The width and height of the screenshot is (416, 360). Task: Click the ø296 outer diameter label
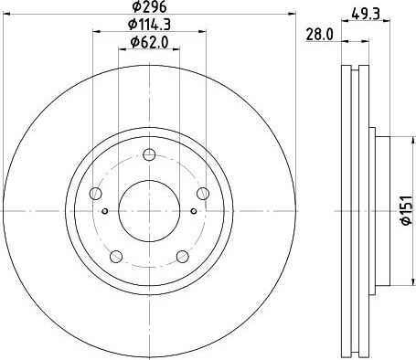(149, 6)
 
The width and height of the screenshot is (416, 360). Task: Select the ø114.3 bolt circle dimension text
(149, 25)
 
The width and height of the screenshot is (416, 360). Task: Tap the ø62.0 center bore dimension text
(149, 42)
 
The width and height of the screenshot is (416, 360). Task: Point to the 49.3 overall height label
(366, 14)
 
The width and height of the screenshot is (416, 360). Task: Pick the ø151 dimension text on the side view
(407, 211)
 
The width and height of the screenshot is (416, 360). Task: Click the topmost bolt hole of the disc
(149, 154)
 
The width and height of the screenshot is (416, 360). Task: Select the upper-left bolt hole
(96, 194)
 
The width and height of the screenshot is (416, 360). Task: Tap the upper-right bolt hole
(203, 194)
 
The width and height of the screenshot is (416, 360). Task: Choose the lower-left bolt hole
(116, 257)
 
